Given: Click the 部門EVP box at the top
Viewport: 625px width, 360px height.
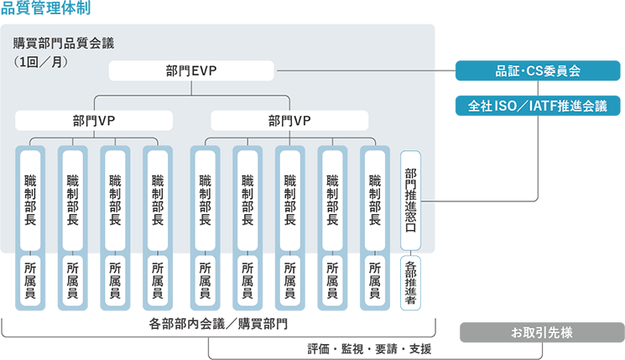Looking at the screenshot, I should coord(192,71).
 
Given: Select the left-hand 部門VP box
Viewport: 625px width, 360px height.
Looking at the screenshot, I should coord(94,121).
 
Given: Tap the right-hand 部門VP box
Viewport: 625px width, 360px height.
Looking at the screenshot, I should coord(290,121).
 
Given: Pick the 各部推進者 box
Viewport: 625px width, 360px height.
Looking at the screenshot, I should coord(410,285).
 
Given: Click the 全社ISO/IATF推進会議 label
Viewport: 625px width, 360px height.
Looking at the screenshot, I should coord(538,107).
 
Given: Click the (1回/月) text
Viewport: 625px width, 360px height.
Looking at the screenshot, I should coord(40,62).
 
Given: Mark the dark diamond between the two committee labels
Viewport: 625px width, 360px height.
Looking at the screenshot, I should coord(538,88).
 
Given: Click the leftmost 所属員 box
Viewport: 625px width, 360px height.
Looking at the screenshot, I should coord(31,280).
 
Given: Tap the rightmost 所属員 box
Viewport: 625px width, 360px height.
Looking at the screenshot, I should coord(375,280).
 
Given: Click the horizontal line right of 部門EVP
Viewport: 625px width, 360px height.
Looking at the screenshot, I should coord(352,71).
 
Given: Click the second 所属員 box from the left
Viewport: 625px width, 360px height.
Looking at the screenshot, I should coord(73,280).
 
